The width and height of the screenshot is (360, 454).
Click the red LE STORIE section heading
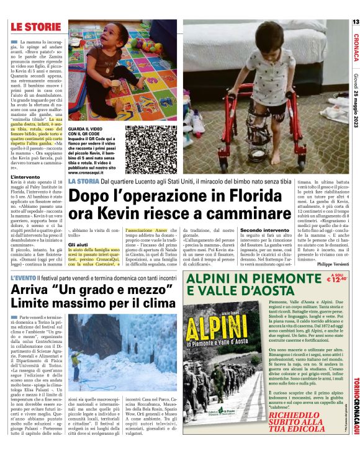pos(36,27)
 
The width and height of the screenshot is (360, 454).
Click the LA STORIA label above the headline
pos(82,180)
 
